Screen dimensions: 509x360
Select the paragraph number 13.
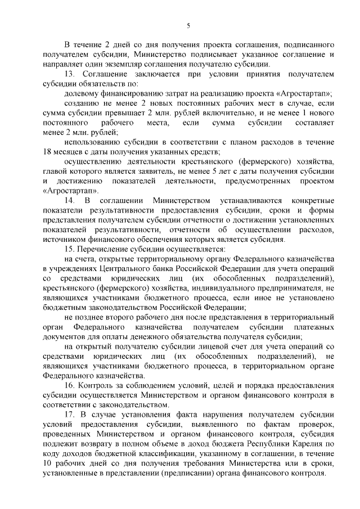[70, 74]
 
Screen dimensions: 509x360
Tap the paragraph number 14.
[70, 201]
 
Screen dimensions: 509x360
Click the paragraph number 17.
[70, 415]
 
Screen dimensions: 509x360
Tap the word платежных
[318, 327]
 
